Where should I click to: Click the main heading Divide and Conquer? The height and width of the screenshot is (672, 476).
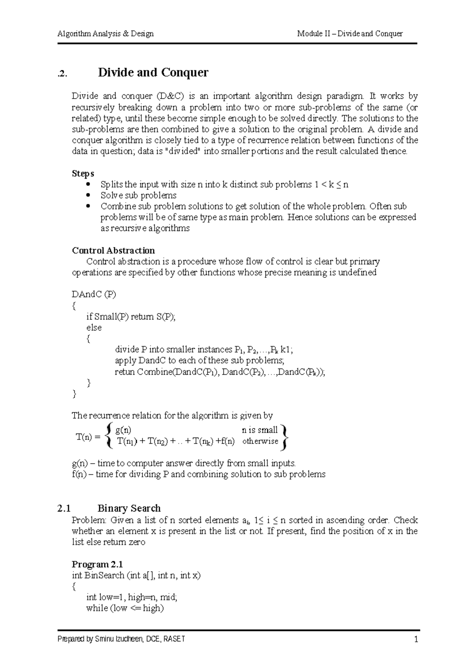tap(153, 73)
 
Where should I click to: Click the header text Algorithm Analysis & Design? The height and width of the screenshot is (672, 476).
tap(106, 34)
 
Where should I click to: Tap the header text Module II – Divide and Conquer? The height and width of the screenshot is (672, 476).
tap(350, 34)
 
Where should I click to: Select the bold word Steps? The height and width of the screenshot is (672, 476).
tap(83, 174)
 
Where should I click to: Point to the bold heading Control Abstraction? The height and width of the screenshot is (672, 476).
tap(113, 250)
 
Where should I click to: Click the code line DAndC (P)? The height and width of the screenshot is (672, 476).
tap(94, 294)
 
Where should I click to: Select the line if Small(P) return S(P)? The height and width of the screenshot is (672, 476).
tap(131, 317)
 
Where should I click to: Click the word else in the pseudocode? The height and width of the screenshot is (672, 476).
tap(94, 328)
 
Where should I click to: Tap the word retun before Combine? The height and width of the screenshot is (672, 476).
tap(125, 372)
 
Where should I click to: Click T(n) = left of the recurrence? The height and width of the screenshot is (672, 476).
tap(88, 437)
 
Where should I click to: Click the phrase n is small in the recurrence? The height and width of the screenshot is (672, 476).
tap(260, 430)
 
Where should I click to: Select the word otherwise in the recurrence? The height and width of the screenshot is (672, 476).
tap(260, 441)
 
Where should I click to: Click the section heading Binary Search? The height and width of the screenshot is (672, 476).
tap(129, 508)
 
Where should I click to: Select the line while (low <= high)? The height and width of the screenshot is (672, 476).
tap(125, 608)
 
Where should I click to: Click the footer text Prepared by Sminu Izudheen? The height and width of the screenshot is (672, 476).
tap(121, 640)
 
